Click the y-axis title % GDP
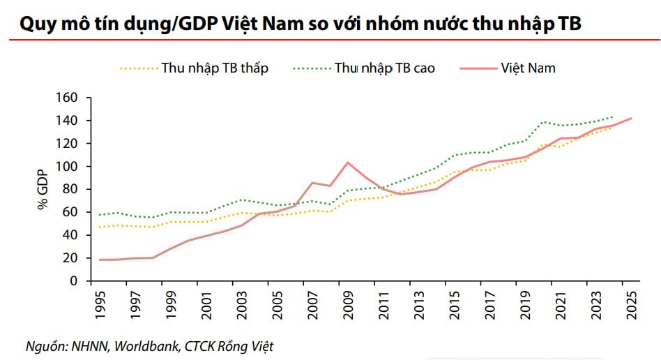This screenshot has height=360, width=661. [x=42, y=189]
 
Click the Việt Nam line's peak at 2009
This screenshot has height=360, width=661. [x=348, y=163]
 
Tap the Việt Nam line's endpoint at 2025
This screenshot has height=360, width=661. [x=631, y=119]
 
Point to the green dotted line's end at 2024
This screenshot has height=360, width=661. [x=613, y=117]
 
